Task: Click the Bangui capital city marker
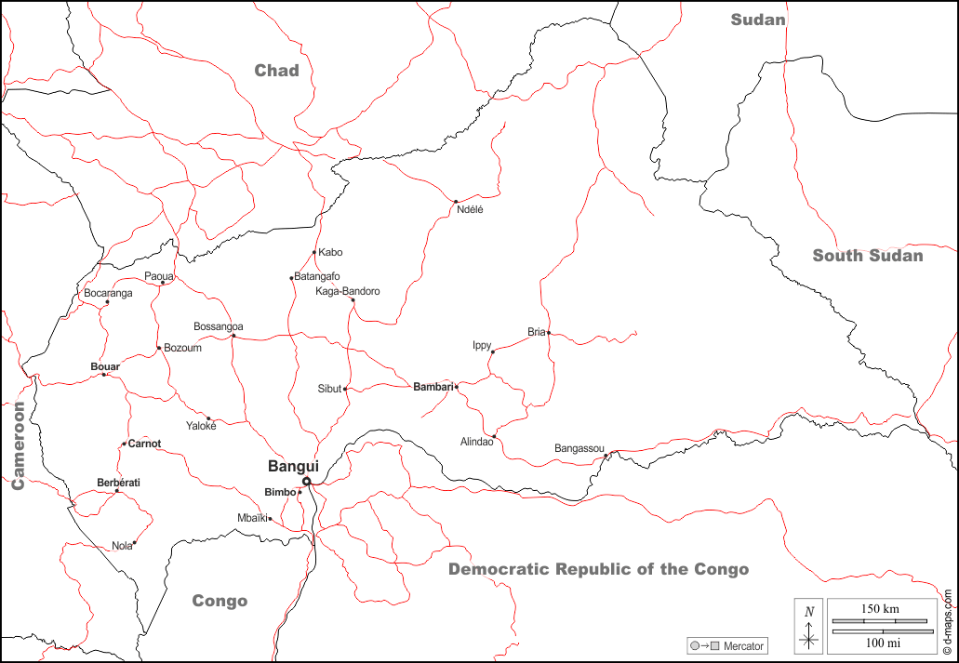307,481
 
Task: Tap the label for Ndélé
471,209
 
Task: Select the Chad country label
277,71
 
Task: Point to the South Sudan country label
868,256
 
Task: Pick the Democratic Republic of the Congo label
598,569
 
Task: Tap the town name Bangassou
579,448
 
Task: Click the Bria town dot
549,332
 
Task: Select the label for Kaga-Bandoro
348,291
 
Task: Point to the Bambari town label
433,386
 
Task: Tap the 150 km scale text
880,608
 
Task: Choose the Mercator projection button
727,645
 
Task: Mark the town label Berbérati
118,483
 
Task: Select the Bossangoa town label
219,326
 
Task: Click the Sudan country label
758,20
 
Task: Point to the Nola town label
122,546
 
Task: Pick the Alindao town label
477,442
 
